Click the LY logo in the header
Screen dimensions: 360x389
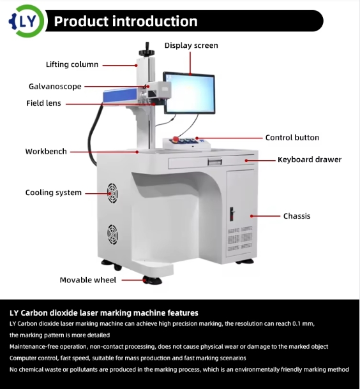click(27, 21)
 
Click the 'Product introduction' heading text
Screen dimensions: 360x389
click(126, 21)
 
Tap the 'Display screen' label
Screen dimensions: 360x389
click(191, 45)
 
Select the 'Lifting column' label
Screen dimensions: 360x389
click(72, 64)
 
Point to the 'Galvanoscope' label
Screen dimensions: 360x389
click(55, 86)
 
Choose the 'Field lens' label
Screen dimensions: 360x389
click(43, 103)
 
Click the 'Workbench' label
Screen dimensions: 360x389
click(46, 151)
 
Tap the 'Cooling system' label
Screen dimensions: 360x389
click(54, 193)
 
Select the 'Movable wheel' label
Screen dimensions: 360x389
click(88, 280)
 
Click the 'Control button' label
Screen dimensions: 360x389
click(292, 138)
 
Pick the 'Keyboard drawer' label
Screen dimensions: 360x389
click(310, 159)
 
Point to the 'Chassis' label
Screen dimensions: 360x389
click(297, 216)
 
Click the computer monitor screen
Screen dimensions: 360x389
click(190, 93)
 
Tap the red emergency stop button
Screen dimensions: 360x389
click(176, 138)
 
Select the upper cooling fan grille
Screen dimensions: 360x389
click(112, 193)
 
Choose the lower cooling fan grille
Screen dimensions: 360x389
click(112, 235)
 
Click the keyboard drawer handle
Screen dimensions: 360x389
click(214, 162)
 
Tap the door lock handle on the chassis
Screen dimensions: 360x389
click(232, 214)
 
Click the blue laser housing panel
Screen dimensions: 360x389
click(120, 95)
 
